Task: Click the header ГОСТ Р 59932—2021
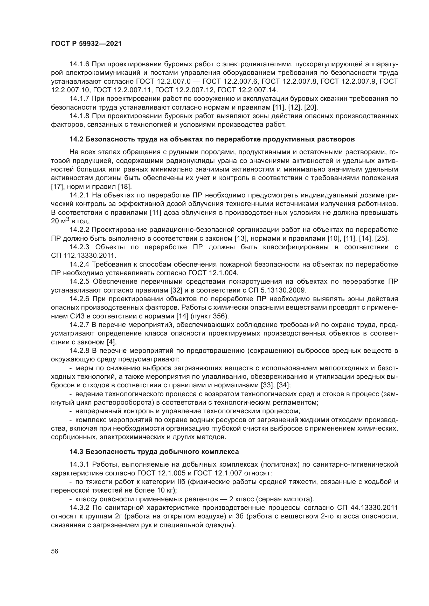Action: (86, 44)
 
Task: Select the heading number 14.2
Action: (76, 139)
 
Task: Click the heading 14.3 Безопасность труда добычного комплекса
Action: (154, 452)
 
